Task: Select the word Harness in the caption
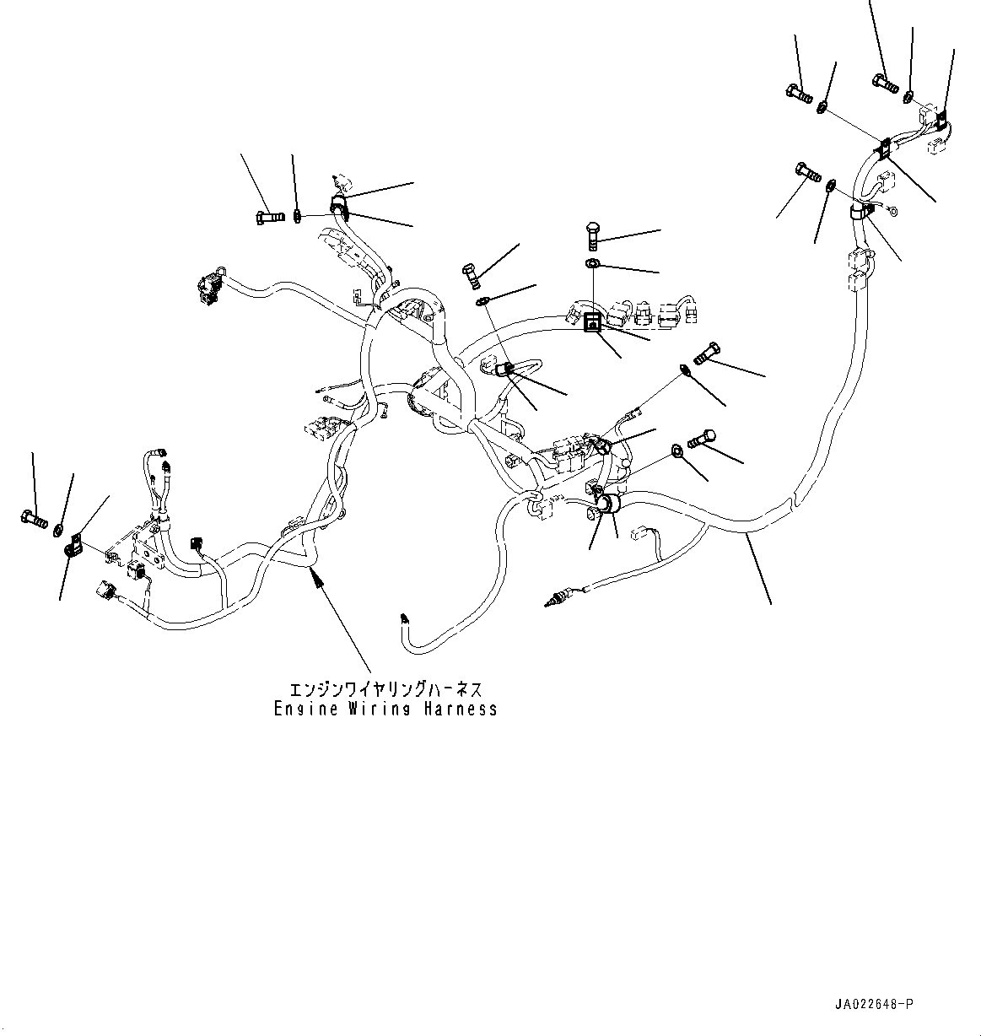461,710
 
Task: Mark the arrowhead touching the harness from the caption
316,575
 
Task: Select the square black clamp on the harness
593,321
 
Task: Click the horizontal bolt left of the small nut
266,218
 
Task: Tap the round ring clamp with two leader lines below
605,507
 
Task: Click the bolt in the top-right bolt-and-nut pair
884,82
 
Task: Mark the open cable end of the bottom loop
406,620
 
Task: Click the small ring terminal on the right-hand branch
894,213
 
